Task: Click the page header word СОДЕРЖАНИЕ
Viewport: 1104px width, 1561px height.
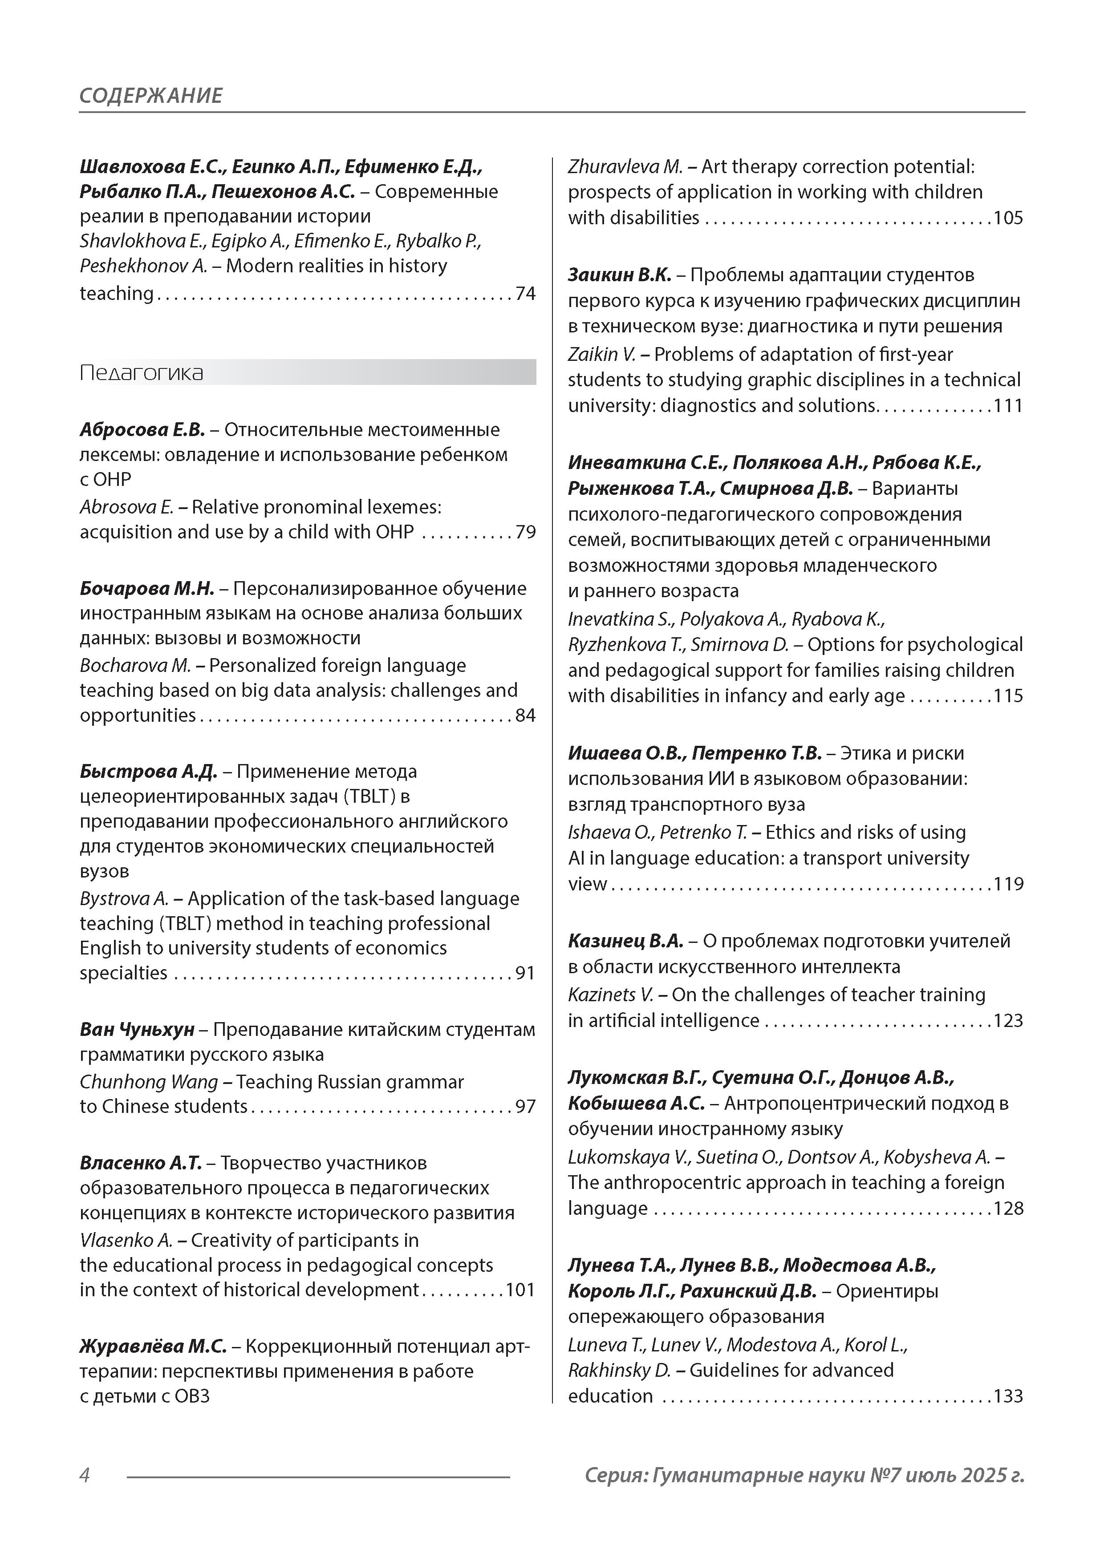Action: click(150, 95)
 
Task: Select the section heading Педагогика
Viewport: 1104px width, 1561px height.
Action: click(142, 372)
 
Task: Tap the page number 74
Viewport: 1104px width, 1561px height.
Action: click(525, 294)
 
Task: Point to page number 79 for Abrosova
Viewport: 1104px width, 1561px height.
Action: click(525, 532)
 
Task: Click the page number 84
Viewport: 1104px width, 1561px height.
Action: click(525, 715)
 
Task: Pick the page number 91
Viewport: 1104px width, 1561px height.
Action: click(525, 973)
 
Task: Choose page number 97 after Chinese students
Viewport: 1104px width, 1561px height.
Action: click(525, 1106)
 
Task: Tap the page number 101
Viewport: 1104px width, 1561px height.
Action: click(520, 1290)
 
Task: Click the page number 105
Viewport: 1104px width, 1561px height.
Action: click(1008, 218)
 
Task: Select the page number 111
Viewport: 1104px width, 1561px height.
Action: click(1008, 406)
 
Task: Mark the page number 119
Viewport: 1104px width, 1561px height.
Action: click(1008, 884)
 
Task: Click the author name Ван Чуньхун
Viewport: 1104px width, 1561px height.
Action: click(137, 1030)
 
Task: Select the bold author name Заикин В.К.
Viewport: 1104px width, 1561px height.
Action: click(619, 275)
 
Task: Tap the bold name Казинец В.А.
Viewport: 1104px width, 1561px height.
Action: click(625, 941)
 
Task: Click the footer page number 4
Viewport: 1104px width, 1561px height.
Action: click(85, 1475)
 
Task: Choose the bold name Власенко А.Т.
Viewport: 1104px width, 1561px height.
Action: click(141, 1163)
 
